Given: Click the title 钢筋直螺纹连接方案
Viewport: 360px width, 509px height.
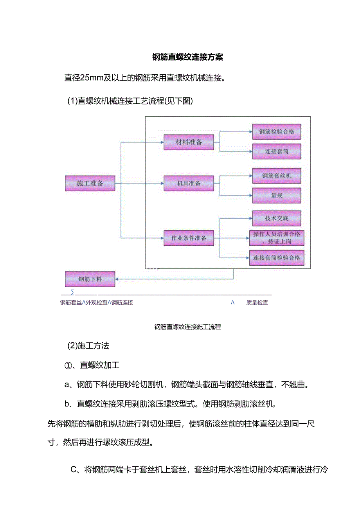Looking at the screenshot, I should coord(187,57).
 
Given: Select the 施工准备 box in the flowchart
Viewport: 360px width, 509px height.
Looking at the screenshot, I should coord(90,183).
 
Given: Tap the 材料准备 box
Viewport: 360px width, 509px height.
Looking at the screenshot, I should coord(189,142).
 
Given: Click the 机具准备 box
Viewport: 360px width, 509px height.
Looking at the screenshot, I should coord(189,183).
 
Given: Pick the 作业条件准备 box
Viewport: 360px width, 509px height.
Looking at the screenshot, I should coord(189,238).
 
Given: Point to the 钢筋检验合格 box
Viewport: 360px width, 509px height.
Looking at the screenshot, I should coord(277,132).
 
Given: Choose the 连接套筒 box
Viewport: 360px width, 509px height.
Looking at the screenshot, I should coord(277,151).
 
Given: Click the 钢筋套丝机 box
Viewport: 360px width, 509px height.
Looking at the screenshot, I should coord(277,176).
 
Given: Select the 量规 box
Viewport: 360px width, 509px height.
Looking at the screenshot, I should coord(277,195).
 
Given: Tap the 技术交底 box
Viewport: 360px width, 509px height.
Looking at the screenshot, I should coord(277,218).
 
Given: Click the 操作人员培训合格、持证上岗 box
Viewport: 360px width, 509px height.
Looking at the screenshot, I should coord(277,238).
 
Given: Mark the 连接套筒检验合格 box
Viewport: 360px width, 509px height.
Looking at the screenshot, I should coord(277,258).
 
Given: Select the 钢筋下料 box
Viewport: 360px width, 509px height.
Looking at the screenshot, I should coord(90,279).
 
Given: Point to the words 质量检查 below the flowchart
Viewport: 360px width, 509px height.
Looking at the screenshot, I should coord(257,302).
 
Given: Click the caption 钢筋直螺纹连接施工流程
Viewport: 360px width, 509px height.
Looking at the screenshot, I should coord(187,327).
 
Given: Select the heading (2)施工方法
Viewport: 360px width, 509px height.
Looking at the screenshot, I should coord(88,346).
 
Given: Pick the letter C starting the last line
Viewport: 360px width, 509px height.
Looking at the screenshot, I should coord(73,469).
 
